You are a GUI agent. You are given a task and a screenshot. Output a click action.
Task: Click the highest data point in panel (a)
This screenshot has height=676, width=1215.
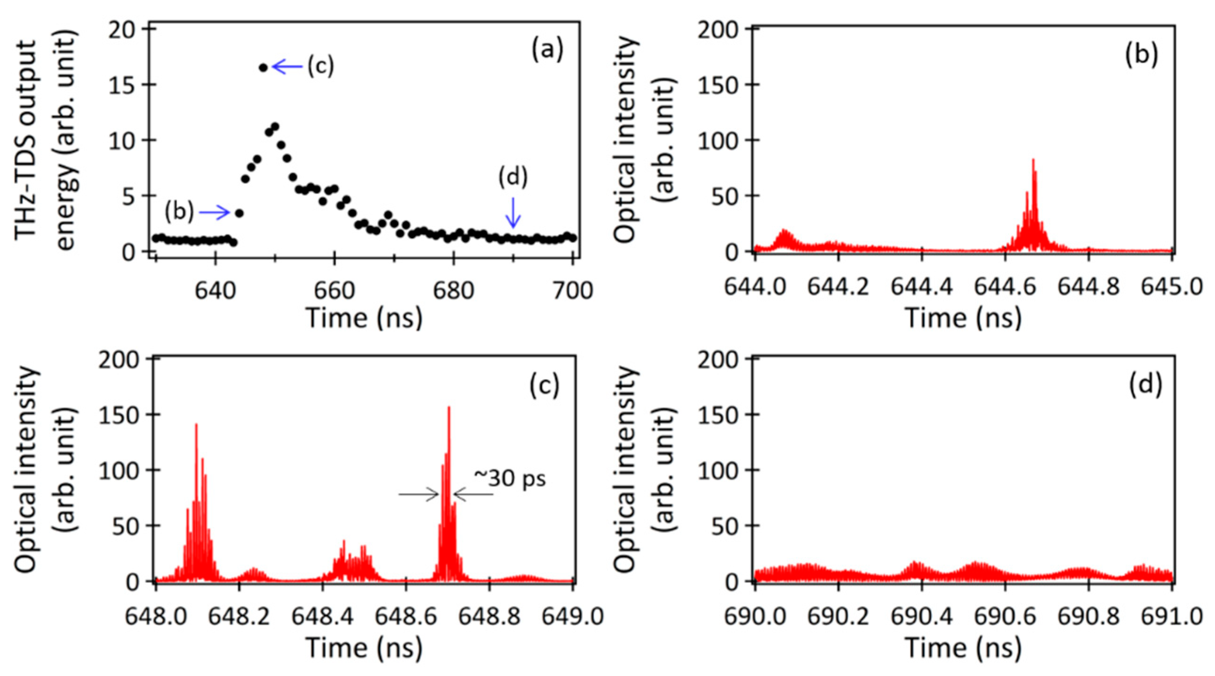263,67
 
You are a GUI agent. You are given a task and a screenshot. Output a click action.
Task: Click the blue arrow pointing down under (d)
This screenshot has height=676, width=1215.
513,212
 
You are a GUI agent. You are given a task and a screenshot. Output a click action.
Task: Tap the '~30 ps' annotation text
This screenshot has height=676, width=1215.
509,479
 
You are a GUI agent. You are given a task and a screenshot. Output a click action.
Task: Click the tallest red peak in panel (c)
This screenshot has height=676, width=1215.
449,408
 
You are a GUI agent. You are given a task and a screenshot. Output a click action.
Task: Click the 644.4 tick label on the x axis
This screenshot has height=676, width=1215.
921,287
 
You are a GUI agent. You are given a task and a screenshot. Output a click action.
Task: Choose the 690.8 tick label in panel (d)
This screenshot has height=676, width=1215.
1088,617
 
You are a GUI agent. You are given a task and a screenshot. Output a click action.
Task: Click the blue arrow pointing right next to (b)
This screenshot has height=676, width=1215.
214,213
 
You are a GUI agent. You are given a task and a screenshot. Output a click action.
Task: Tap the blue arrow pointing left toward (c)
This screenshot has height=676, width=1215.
288,66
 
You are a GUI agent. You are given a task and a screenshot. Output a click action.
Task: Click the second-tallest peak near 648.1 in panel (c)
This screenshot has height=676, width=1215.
196,425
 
